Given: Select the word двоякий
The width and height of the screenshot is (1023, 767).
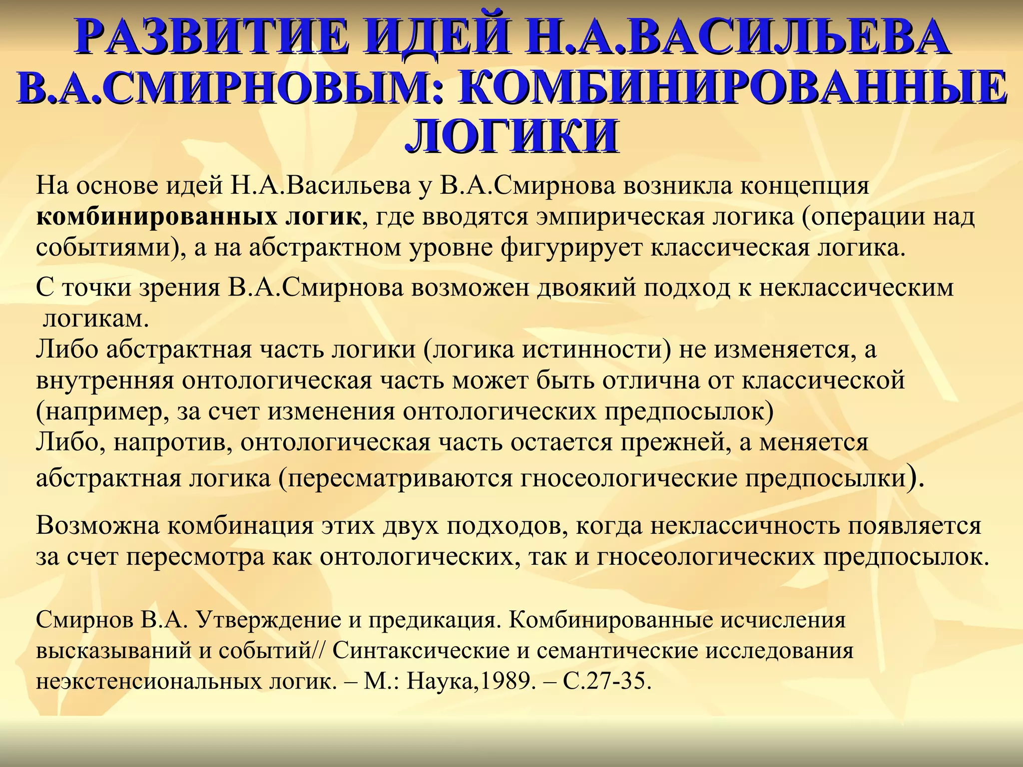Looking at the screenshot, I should pyautogui.click(x=580, y=288).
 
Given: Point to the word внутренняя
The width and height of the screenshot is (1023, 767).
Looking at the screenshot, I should pyautogui.click(x=105, y=381).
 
